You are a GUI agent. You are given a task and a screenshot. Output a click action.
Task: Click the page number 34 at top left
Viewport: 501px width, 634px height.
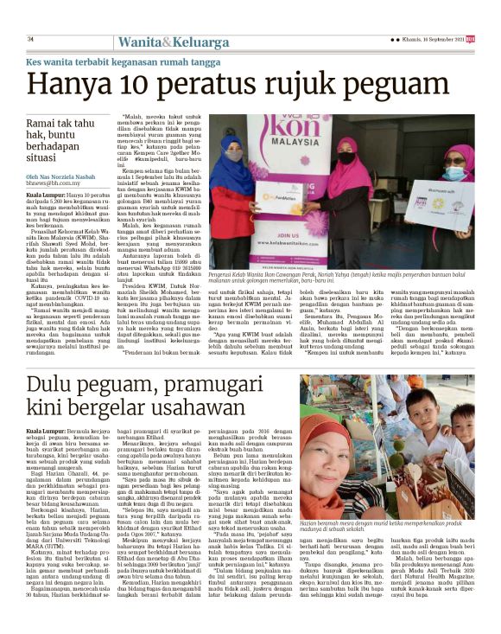(x=30, y=39)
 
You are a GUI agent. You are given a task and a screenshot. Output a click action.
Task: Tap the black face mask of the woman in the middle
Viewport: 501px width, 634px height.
(x=346, y=159)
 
